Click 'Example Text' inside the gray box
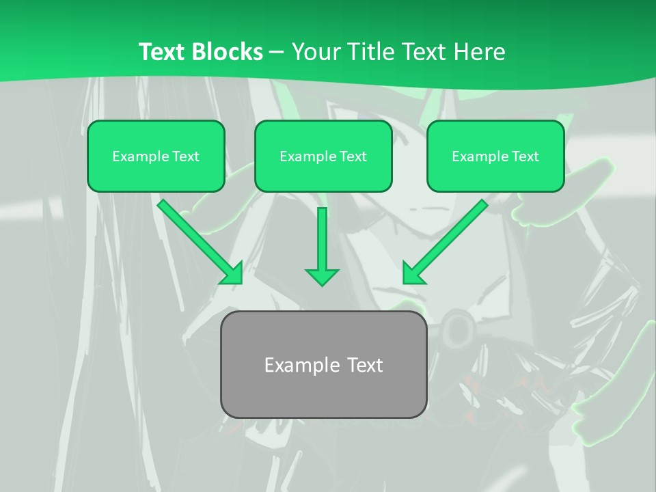tap(324, 365)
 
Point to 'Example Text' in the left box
tap(156, 156)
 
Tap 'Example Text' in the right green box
tap(495, 156)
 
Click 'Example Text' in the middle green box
tap(323, 156)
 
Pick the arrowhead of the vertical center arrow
tap(322, 277)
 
